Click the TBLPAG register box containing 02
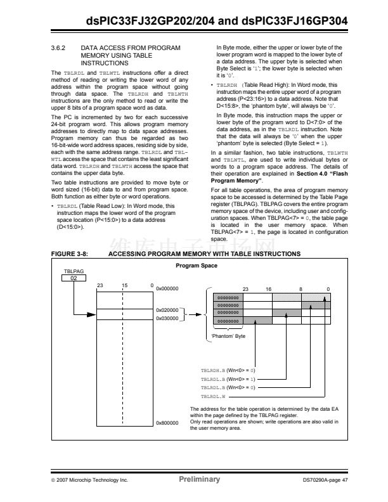tap(74, 278)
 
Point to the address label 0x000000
tap(168, 289)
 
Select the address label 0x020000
tap(168, 310)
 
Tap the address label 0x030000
tap(168, 318)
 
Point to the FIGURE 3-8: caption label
tap(70, 254)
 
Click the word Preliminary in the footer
tap(200, 479)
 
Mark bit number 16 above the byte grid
tap(268, 288)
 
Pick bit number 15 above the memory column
tap(125, 285)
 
